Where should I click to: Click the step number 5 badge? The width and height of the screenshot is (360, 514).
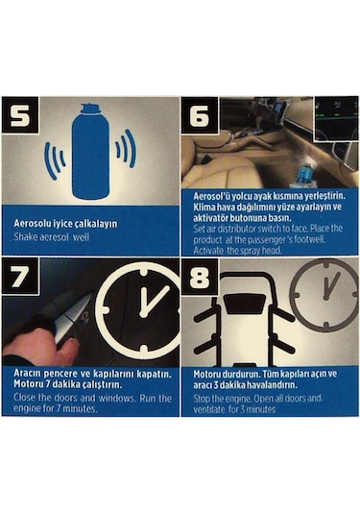point(20,115)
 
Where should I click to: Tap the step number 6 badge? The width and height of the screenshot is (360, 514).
point(200,115)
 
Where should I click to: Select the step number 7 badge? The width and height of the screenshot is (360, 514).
point(20,276)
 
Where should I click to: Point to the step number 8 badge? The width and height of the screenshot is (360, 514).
point(200,276)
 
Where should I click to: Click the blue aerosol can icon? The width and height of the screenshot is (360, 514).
point(91,152)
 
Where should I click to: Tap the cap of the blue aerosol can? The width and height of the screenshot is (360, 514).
point(90,109)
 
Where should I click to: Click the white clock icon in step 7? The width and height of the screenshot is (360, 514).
point(140,309)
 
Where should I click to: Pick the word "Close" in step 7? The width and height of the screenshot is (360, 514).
point(24,398)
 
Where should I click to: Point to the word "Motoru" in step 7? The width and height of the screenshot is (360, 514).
point(27,384)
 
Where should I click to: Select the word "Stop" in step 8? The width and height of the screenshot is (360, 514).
point(202,399)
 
